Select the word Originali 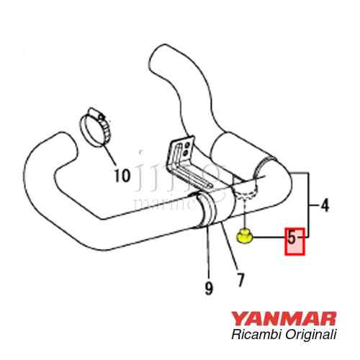point(308,336)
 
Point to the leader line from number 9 point(209,252)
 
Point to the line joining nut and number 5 point(268,235)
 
